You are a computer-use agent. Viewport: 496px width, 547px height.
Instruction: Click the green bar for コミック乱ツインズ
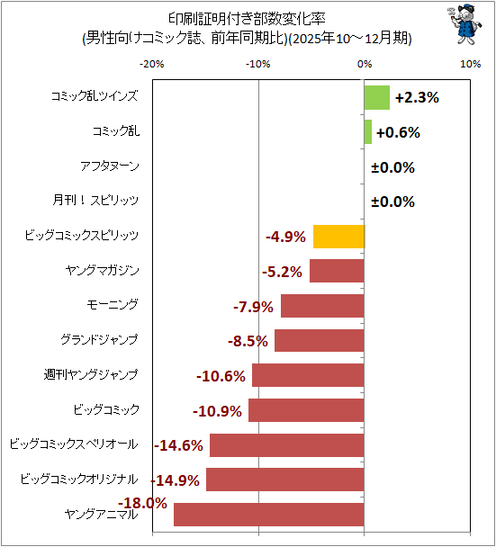coord(377,98)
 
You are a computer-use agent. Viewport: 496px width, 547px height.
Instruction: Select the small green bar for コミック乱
coord(368,132)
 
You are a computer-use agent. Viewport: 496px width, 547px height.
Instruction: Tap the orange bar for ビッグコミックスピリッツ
coord(339,237)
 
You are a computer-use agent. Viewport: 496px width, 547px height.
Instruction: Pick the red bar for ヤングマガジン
coord(337,271)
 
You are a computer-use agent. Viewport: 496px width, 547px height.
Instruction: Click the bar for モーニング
coord(322,306)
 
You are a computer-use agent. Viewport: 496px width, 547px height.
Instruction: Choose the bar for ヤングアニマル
coord(269,515)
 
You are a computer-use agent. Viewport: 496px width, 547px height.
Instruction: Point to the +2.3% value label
coord(417,98)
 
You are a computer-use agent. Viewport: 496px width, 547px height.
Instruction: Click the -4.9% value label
coord(285,237)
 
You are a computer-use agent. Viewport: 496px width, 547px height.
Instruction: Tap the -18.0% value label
coord(142,503)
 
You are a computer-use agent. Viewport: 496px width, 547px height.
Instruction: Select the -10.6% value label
coord(221,376)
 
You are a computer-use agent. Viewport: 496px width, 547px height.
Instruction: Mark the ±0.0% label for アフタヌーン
coord(392,167)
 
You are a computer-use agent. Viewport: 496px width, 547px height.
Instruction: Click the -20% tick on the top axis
coord(152,64)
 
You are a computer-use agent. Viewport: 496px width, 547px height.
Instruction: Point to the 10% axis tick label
coord(471,64)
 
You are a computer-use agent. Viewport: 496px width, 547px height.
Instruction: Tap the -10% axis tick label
coord(258,64)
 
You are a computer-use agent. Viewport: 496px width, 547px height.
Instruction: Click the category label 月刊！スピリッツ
coord(95,201)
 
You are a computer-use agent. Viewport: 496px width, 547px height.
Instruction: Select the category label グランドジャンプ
coord(99,339)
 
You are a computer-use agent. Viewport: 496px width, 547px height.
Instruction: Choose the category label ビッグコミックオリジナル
coord(79,479)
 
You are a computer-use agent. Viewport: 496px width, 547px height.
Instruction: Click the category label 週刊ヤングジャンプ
coord(91,374)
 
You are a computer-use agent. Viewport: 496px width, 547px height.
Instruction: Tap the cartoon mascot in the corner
coord(464,24)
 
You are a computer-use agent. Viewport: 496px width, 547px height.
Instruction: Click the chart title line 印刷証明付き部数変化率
coord(247,19)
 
